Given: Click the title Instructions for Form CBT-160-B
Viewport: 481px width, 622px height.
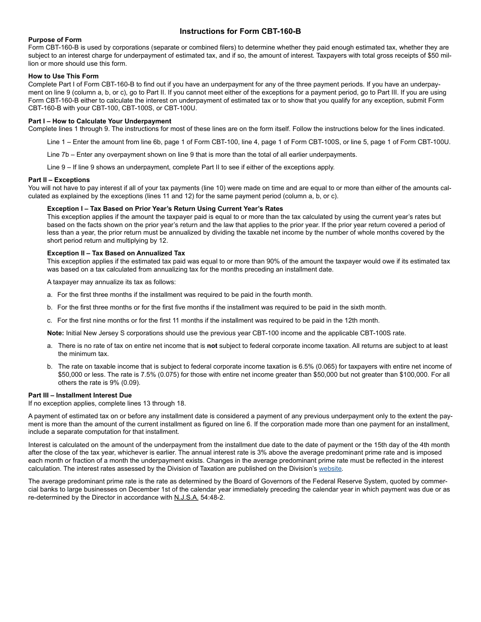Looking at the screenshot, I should tap(240, 31).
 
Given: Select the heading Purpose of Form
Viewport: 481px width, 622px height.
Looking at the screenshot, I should tap(55, 40).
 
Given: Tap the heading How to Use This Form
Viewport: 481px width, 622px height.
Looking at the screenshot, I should tap(63, 76).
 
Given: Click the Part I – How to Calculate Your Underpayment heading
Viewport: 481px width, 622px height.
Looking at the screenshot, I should tap(100, 121).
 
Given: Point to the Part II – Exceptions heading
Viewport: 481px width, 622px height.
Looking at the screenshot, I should tap(59, 180).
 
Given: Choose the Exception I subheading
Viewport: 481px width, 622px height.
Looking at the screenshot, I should tap(165, 209).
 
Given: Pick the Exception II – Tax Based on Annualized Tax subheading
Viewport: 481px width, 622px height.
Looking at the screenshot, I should tap(116, 253).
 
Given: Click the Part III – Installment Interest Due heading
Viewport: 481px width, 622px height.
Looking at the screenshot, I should tap(80, 395).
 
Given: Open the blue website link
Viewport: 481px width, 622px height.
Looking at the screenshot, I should tap(330, 469).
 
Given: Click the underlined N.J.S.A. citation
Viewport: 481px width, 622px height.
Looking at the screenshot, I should tap(186, 498).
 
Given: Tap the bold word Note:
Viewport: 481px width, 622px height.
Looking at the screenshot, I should tap(56, 333).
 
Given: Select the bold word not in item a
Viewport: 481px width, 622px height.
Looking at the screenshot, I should tap(212, 346).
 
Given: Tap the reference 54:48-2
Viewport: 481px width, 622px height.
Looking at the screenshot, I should tap(213, 498).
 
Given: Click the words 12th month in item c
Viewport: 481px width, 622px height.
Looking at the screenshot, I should tap(360, 320).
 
